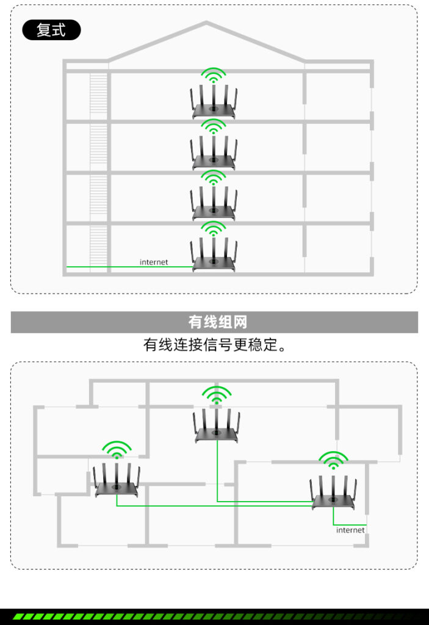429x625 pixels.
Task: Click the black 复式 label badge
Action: coord(51,30)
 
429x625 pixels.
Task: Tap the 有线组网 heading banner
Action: coord(214,322)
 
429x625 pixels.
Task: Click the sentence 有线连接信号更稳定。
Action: coord(214,345)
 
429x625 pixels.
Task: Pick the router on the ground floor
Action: coord(214,256)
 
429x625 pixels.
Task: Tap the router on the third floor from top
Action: coord(214,205)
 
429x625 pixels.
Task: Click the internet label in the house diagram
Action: coord(154,262)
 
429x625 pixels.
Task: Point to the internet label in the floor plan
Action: coord(350,530)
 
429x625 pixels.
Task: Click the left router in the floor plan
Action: coord(117,482)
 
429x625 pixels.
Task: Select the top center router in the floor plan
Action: coord(217,426)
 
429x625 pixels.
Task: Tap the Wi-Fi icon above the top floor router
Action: coord(214,76)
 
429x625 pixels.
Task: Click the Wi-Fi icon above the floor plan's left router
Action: coord(117,450)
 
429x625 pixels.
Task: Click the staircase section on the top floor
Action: coord(98,95)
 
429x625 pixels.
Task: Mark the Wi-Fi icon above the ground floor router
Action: coord(214,229)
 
